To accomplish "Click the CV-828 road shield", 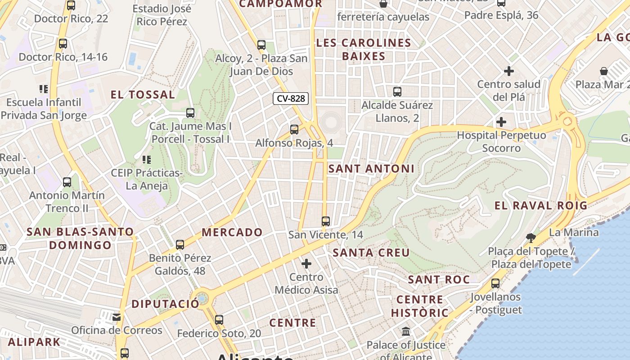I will tap(291, 99).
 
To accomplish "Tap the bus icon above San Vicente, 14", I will tap(326, 221).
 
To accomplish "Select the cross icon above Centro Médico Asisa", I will tap(306, 263).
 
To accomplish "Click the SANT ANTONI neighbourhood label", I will tap(371, 169).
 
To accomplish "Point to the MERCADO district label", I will tap(232, 232).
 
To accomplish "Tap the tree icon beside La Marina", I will tap(531, 238).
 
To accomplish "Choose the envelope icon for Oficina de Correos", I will tap(117, 317).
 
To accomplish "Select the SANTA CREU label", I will tap(371, 253).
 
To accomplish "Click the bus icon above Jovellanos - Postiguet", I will tap(495, 283).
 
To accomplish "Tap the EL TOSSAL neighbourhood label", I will tap(143, 95).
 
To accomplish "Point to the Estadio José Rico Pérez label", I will tap(162, 15).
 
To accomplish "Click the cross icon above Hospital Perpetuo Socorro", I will tap(501, 122).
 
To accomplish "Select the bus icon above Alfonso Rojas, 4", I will tap(294, 130).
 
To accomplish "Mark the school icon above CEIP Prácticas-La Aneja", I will tap(146, 159).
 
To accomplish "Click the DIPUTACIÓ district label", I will tap(165, 304).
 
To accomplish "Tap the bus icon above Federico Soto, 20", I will tap(219, 320).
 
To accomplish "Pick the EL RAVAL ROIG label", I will tap(541, 206).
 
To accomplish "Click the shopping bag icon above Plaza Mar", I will tap(604, 71).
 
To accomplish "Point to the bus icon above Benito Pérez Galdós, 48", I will tap(180, 245).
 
